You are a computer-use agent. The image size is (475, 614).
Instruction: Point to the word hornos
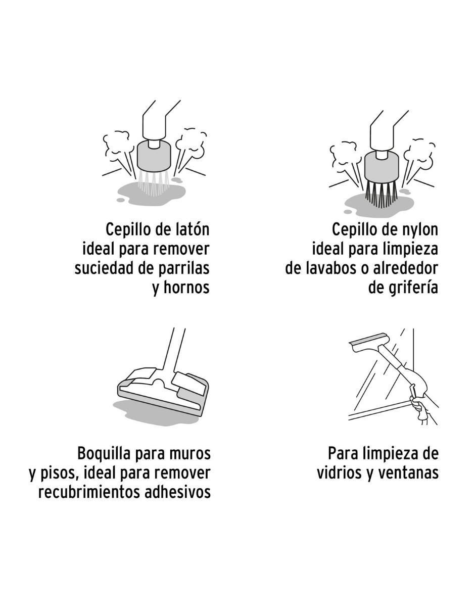coord(187,288)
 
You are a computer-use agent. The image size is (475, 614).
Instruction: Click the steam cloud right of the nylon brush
coord(419,155)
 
